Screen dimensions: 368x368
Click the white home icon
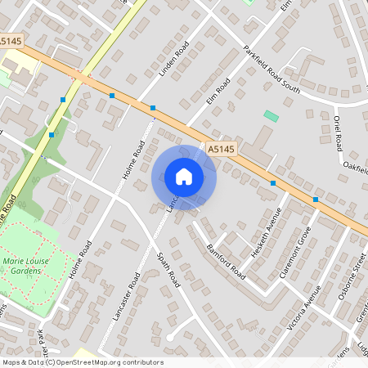point(184,176)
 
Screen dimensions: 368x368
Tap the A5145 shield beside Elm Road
point(221,149)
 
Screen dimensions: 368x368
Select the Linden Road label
point(173,60)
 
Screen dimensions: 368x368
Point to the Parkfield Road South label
point(272,70)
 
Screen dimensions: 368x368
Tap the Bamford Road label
point(226,259)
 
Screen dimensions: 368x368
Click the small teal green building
point(271,116)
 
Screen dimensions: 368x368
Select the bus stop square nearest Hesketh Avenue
point(273,183)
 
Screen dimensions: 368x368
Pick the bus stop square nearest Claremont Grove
point(316,199)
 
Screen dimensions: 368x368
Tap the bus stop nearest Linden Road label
point(152,107)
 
